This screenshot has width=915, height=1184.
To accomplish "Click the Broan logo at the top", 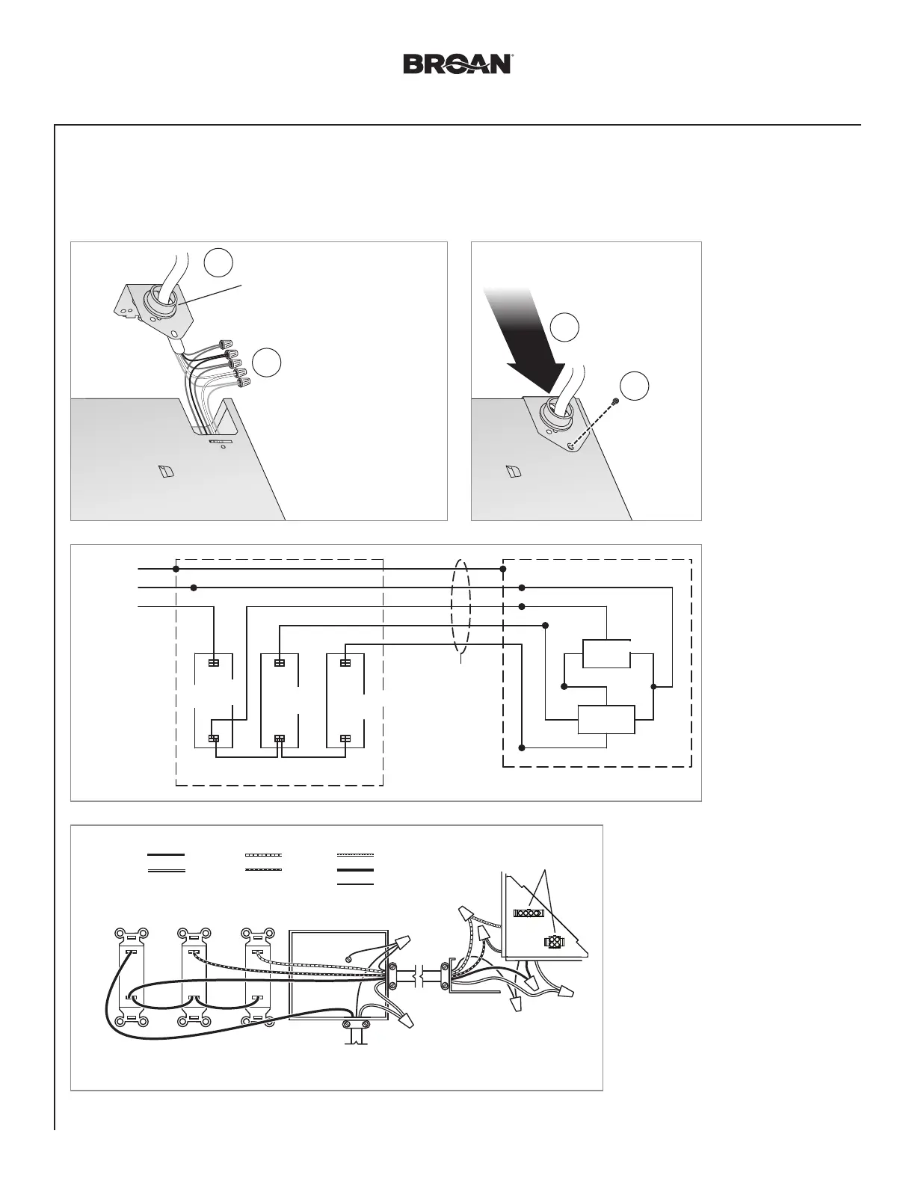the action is tap(457, 64).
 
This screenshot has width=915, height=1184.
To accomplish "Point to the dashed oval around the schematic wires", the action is tap(461, 605).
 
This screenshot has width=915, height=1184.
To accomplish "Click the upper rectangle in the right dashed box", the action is tap(606, 653).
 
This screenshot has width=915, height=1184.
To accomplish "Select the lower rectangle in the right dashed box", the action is tap(606, 720).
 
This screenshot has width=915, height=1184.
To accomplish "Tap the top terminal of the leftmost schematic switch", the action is tap(214, 663).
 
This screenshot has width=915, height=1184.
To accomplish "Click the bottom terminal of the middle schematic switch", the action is tap(280, 739).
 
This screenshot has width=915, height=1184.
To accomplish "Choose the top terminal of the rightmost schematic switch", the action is tap(345, 663).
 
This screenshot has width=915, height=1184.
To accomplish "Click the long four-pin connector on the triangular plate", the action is tap(527, 913).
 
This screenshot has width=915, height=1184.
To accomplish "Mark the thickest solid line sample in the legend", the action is tap(355, 871).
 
